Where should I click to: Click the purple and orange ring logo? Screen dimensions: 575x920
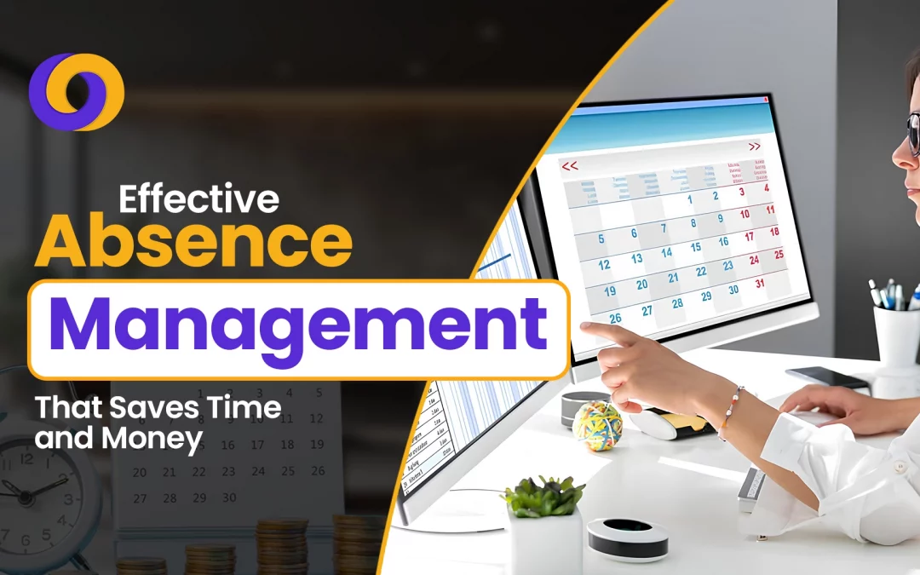pos(77,92)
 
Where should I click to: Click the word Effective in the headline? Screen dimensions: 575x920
pos(198,199)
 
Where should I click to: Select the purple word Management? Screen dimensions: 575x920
pos(299,327)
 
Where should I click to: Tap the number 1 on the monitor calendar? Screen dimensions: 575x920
pos(689,198)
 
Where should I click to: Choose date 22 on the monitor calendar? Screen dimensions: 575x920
pos(700,272)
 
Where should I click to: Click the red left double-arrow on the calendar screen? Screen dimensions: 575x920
pos(570,165)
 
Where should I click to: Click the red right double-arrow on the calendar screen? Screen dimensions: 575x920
pos(754,147)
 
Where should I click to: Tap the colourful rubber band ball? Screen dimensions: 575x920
pos(596,424)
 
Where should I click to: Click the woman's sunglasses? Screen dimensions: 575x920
pos(913,132)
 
